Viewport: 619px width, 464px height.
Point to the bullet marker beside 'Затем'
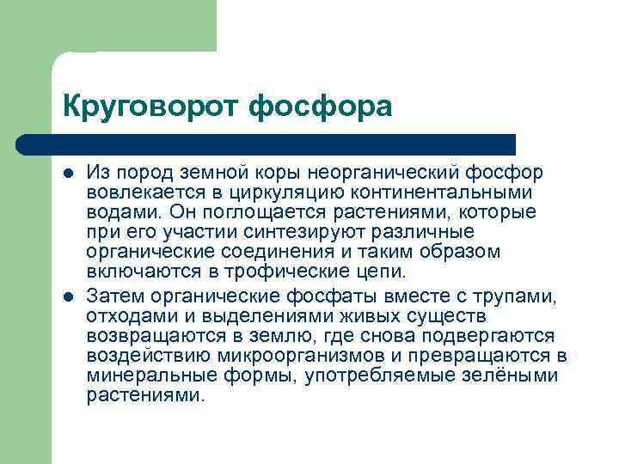68,296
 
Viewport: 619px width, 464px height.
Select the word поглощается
254,213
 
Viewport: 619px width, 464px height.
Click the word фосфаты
334,297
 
